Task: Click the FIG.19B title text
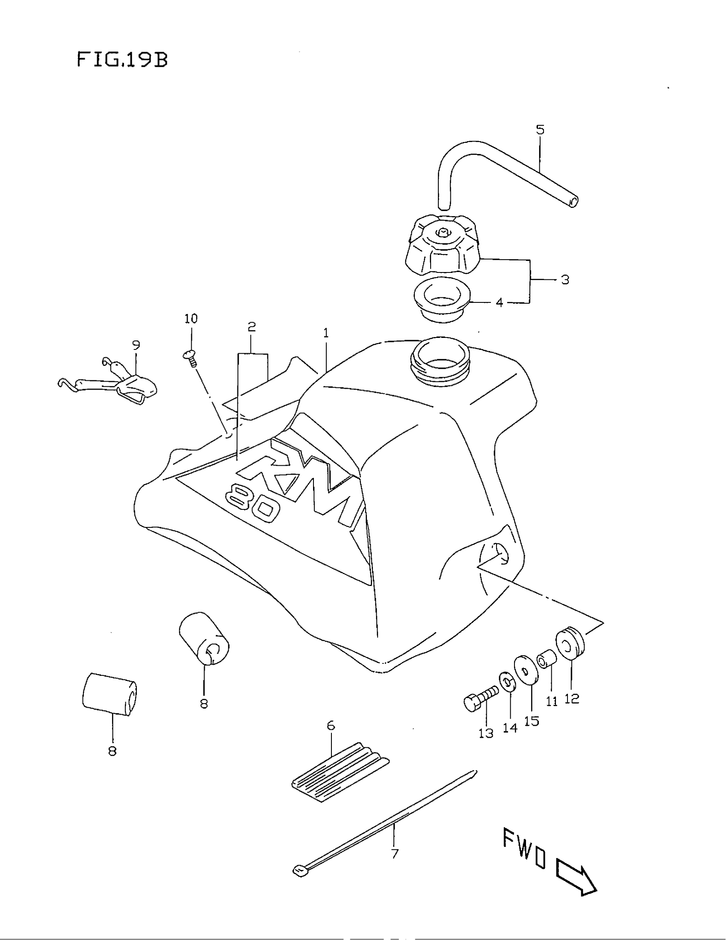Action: click(x=122, y=60)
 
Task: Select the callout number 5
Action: click(x=540, y=130)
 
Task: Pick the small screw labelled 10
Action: click(x=190, y=357)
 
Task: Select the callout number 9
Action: click(x=136, y=345)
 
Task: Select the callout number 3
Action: click(x=565, y=280)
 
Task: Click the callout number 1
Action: click(x=326, y=333)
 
